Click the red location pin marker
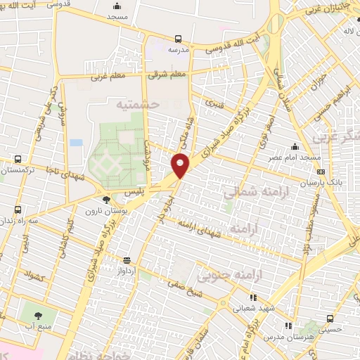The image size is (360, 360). (x=181, y=165)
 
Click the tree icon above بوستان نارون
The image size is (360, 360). (x=106, y=199)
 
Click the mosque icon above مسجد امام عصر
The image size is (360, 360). (x=294, y=146)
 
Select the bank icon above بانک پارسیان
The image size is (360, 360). (x=321, y=171)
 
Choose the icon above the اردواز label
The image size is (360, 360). (x=127, y=259)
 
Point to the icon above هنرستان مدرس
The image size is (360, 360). (x=288, y=326)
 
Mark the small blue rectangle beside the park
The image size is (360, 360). (x=76, y=143)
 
